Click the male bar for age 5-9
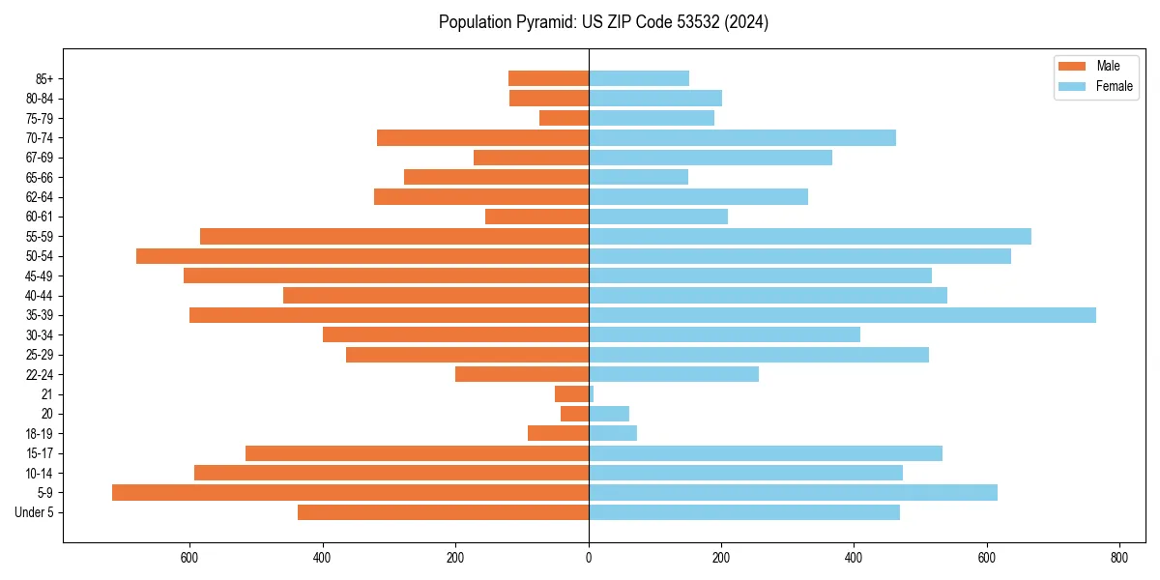pyautogui.click(x=350, y=493)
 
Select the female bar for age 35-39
pyautogui.click(x=842, y=315)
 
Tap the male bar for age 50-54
pyautogui.click(x=362, y=256)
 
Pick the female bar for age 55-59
pyautogui.click(x=810, y=237)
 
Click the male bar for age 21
pyautogui.click(x=571, y=394)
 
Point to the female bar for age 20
pyautogui.click(x=609, y=414)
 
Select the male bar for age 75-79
pyautogui.click(x=564, y=118)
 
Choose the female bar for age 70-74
pyautogui.click(x=742, y=138)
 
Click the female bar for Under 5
pyautogui.click(x=744, y=512)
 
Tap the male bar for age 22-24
pyautogui.click(x=522, y=374)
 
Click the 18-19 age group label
pyautogui.click(x=39, y=434)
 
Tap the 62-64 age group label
pyautogui.click(x=39, y=197)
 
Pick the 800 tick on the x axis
pyautogui.click(x=1118, y=558)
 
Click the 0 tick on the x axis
pyautogui.click(x=589, y=558)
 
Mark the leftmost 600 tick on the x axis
pyautogui.click(x=189, y=558)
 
